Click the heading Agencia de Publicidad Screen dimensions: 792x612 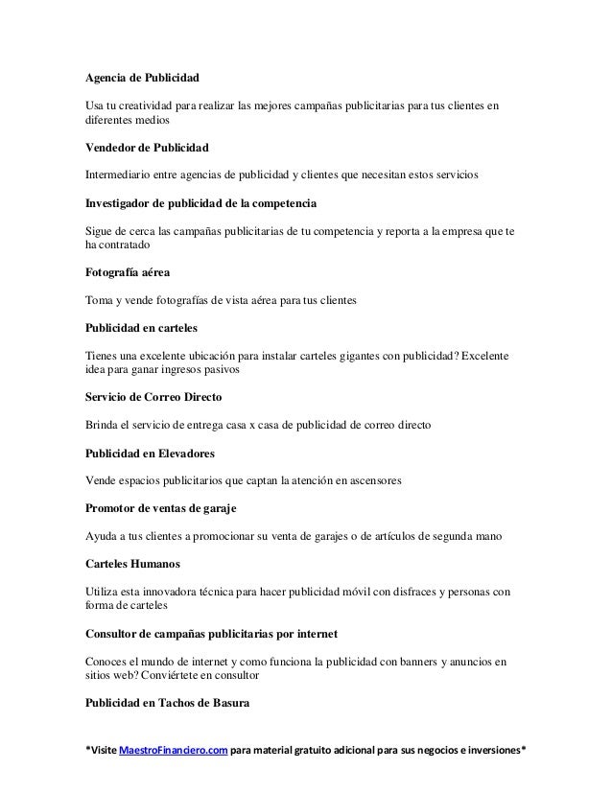pos(142,76)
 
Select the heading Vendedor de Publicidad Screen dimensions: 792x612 pos(146,149)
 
